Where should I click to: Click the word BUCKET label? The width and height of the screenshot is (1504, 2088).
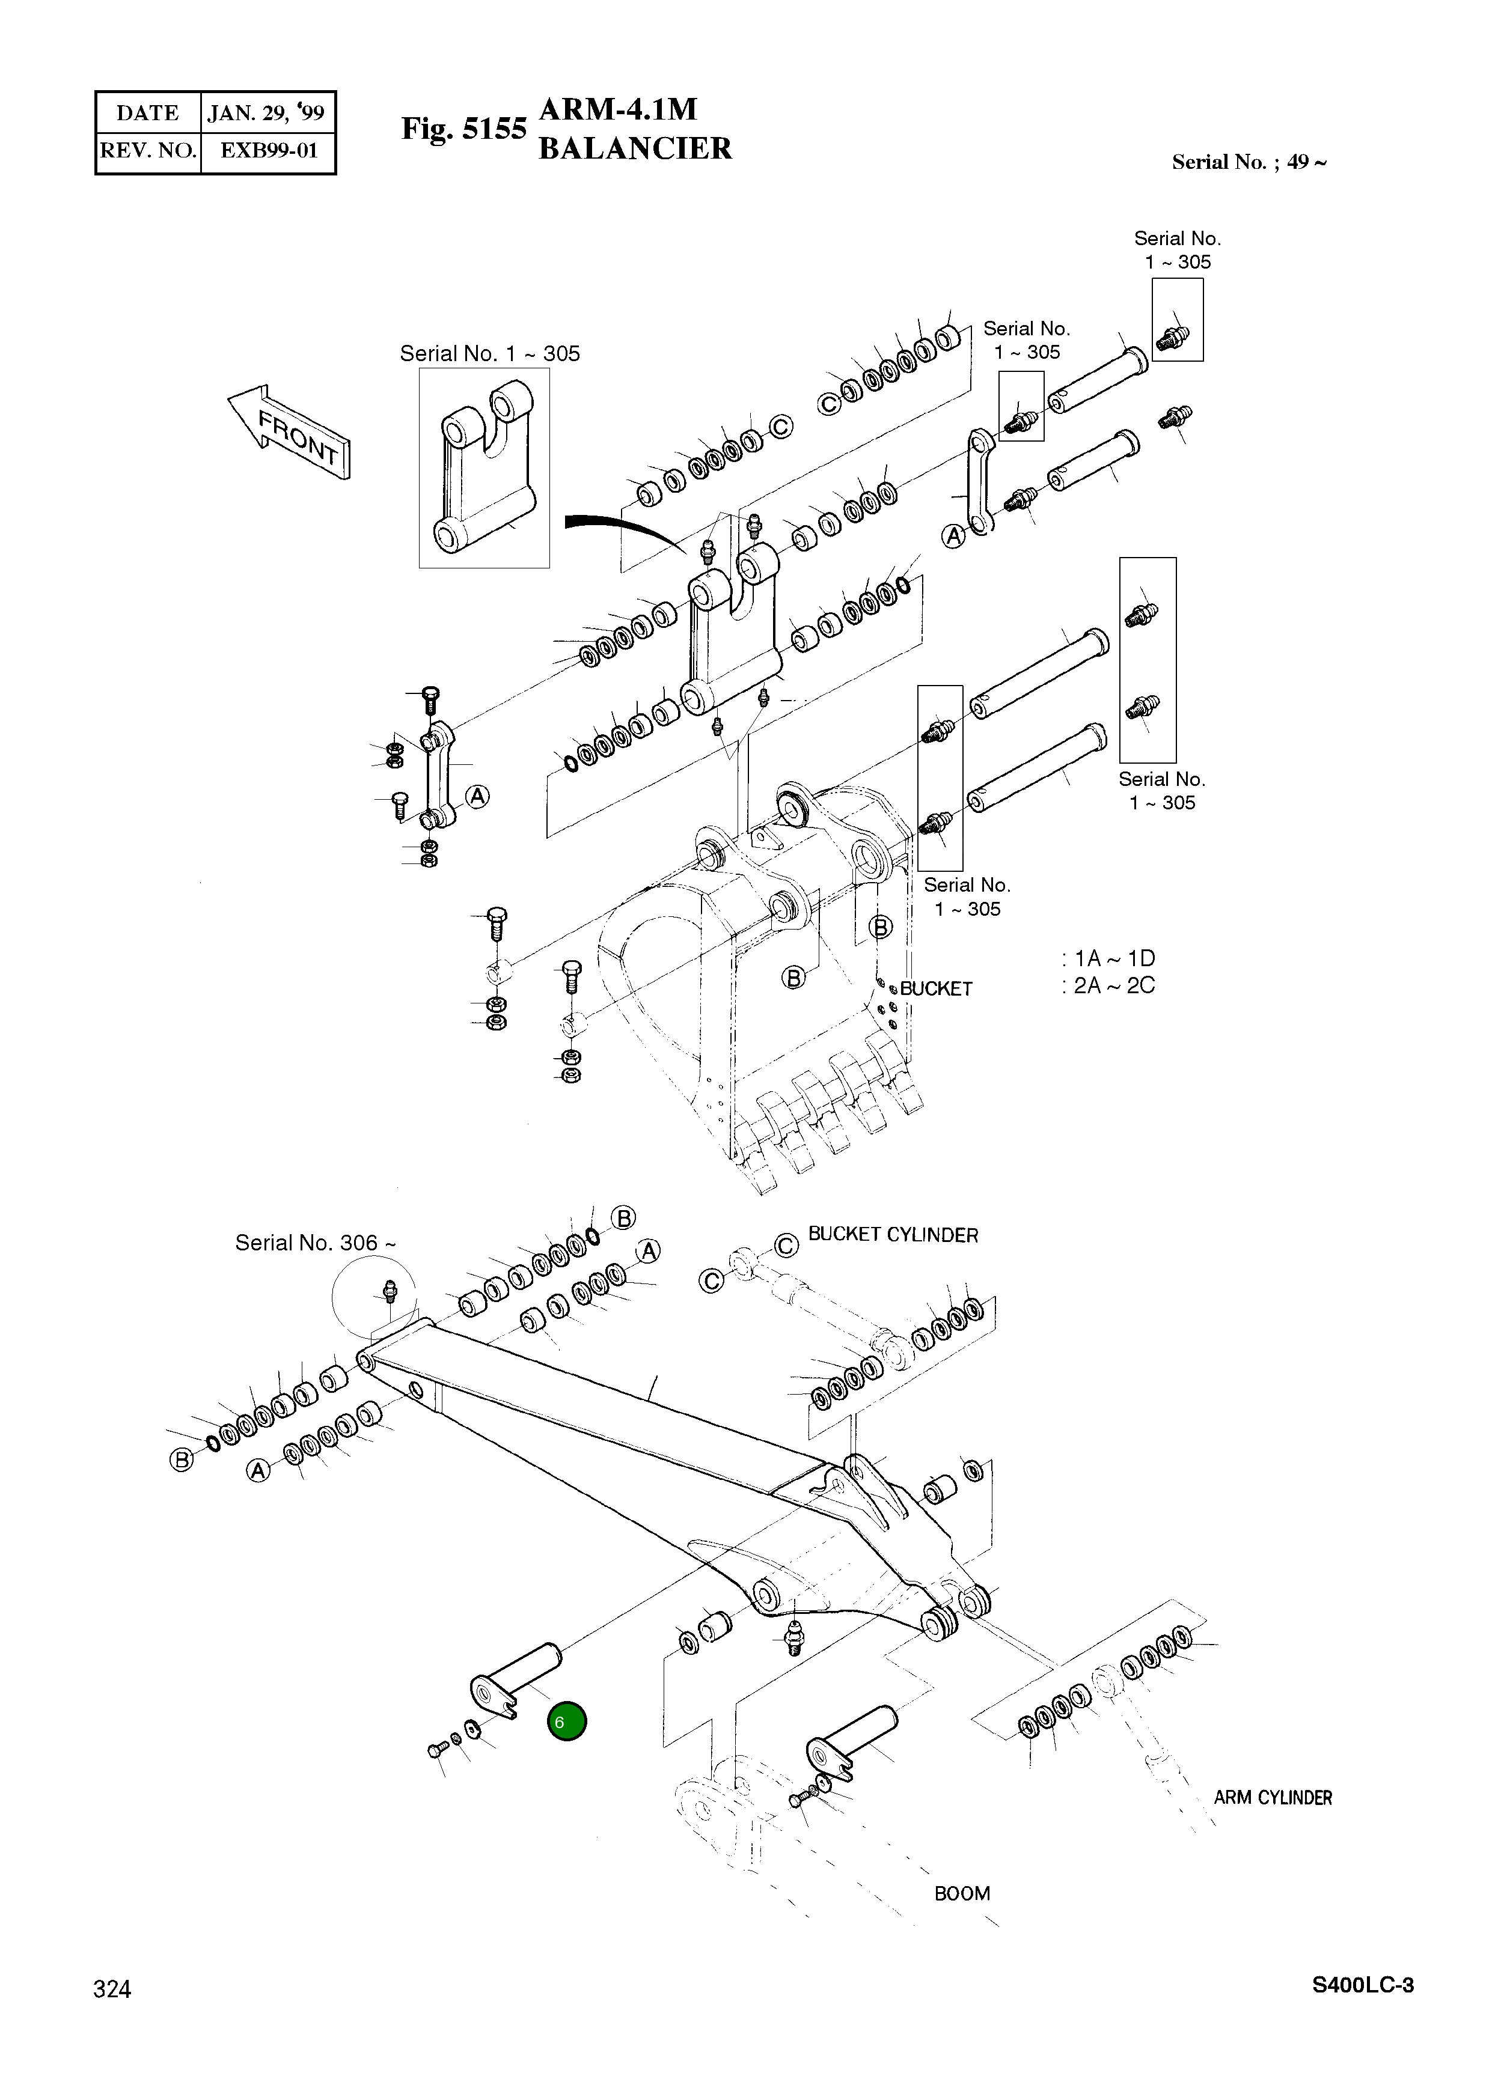click(936, 989)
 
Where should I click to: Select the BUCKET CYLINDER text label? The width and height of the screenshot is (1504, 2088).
click(893, 1235)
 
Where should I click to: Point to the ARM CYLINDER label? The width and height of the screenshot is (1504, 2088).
click(1272, 1797)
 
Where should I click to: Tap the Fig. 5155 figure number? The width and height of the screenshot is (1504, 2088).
click(463, 129)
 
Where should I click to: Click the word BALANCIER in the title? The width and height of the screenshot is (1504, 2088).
click(635, 148)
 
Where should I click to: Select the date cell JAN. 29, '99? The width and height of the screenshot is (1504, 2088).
click(266, 113)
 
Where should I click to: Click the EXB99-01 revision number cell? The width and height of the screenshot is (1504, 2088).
click(268, 150)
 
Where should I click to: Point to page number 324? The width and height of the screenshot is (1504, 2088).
click(112, 1989)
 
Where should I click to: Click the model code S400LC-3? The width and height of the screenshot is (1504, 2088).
click(1362, 1984)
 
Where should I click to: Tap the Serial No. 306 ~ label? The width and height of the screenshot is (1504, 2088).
click(315, 1243)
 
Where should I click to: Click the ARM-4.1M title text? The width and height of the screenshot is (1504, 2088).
click(617, 109)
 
